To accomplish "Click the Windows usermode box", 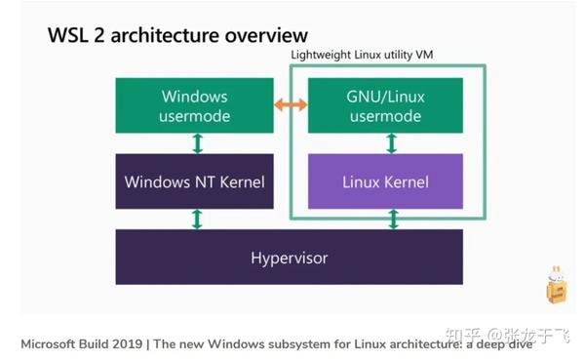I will click(195, 105).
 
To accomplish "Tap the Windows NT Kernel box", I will click(195, 181).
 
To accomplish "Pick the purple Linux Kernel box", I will click(385, 181).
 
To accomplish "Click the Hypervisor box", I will click(289, 258).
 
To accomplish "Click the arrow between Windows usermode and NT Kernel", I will click(197, 143).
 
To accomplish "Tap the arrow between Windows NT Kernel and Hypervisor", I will click(197, 219).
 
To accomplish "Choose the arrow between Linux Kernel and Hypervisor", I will click(393, 219).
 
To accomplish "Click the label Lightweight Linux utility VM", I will click(362, 55).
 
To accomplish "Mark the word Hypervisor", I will click(289, 258).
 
